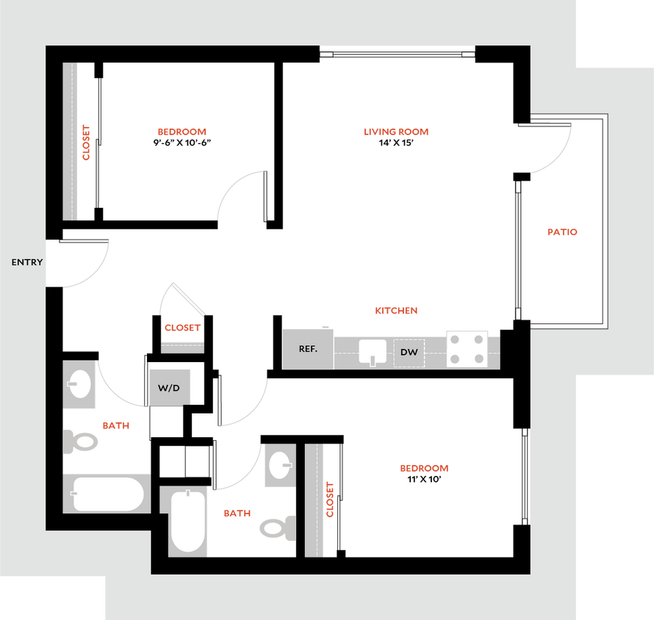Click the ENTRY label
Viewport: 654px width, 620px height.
coord(27,262)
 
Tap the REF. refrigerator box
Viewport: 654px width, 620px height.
coord(308,349)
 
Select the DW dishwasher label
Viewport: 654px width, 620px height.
coord(409,353)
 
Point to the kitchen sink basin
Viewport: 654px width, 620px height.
coord(373,352)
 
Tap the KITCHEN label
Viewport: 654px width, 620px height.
coord(396,311)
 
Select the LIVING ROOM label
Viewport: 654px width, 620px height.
coord(396,132)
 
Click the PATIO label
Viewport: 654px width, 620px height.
coord(563,232)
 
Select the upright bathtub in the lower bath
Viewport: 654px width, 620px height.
coord(187,522)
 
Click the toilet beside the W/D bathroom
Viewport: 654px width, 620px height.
coord(81,441)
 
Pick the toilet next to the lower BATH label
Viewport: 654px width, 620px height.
coord(277,527)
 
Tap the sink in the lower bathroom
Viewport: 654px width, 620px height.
coord(279,465)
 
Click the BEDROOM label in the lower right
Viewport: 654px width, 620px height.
coord(424,468)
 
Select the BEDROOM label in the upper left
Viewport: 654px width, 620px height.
coord(183,132)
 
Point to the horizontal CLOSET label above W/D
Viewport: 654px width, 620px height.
coord(182,328)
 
